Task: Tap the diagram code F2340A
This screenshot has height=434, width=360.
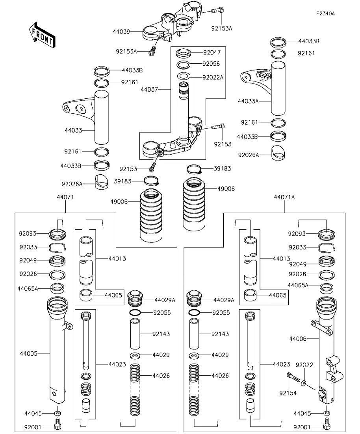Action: pyautogui.click(x=325, y=13)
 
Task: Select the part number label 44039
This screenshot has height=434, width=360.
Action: pyautogui.click(x=121, y=31)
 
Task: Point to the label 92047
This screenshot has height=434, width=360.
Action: pyautogui.click(x=212, y=52)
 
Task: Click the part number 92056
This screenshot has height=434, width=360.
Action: pyautogui.click(x=211, y=64)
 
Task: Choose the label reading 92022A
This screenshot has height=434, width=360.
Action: pyautogui.click(x=213, y=77)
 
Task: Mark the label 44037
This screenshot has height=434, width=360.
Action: pyautogui.click(x=149, y=90)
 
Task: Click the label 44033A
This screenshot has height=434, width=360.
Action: pyautogui.click(x=248, y=101)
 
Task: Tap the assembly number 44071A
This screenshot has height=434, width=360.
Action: pyautogui.click(x=284, y=197)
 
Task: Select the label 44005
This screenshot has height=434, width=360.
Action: pyautogui.click(x=28, y=353)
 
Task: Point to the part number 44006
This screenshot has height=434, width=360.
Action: pyautogui.click(x=297, y=338)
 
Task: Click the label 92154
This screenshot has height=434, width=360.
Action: pyautogui.click(x=288, y=393)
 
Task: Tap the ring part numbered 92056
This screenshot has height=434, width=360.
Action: pyautogui.click(x=184, y=64)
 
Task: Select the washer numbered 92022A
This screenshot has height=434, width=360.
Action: pyautogui.click(x=184, y=76)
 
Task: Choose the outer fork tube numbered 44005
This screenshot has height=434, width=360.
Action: pyautogui.click(x=58, y=350)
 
